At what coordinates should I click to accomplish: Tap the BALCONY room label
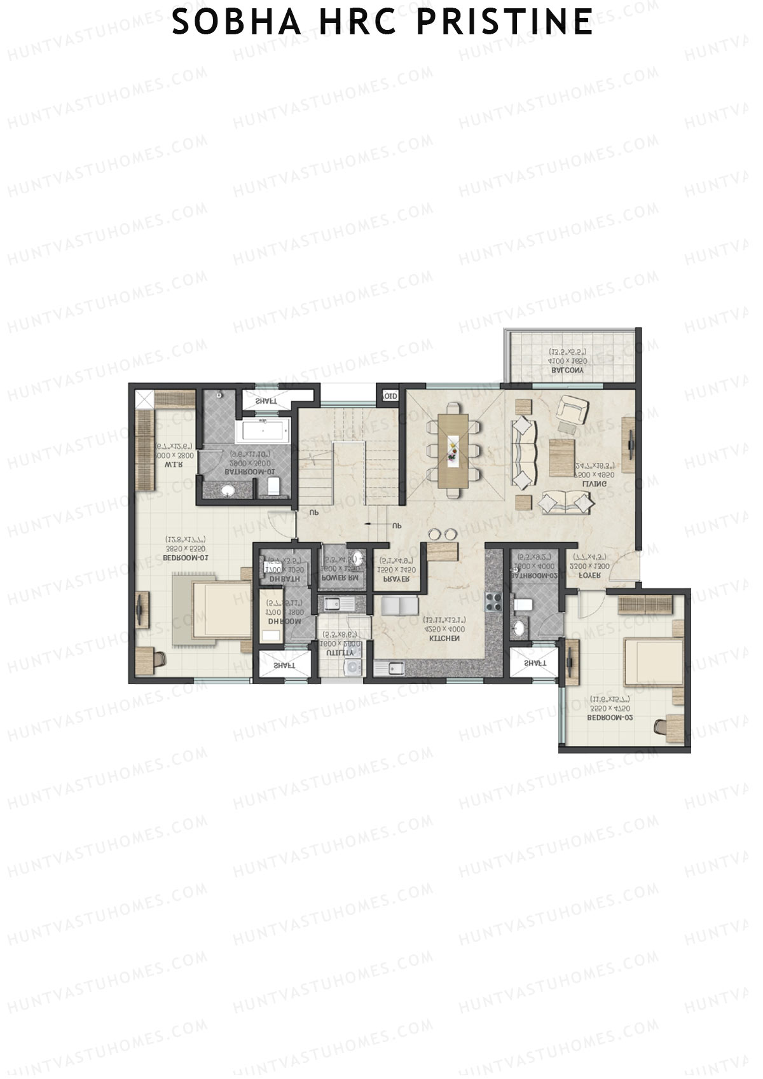(x=570, y=371)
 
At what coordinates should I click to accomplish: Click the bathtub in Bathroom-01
(x=263, y=432)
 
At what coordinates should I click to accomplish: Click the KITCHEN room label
(x=444, y=638)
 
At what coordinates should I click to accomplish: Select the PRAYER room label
(x=396, y=580)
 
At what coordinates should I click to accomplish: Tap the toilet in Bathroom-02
(x=524, y=604)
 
